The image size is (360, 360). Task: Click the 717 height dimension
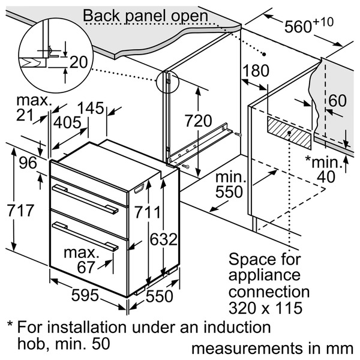pos(20,211)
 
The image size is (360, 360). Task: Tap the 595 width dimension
pos(85,295)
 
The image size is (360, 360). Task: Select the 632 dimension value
pos(164,239)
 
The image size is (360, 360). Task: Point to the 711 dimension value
pos(148,212)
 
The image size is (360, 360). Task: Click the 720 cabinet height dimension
pos(199,121)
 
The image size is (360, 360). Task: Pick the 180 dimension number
pos(256,70)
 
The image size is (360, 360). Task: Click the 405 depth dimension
pos(67,122)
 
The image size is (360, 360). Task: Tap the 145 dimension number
pos(91,108)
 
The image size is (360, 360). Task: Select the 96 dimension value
pos(28,163)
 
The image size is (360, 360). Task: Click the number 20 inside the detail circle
pos(79,62)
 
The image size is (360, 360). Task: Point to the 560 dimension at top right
pos(309,25)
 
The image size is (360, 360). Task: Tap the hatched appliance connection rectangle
pos(289,133)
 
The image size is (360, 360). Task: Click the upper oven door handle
pos(85,199)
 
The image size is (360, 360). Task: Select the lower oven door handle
pos(85,236)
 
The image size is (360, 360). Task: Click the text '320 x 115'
pos(265,308)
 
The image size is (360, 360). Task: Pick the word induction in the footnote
pos(236,327)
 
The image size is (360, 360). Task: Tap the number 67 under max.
pos(86,267)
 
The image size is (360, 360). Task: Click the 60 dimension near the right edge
pos(337,101)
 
